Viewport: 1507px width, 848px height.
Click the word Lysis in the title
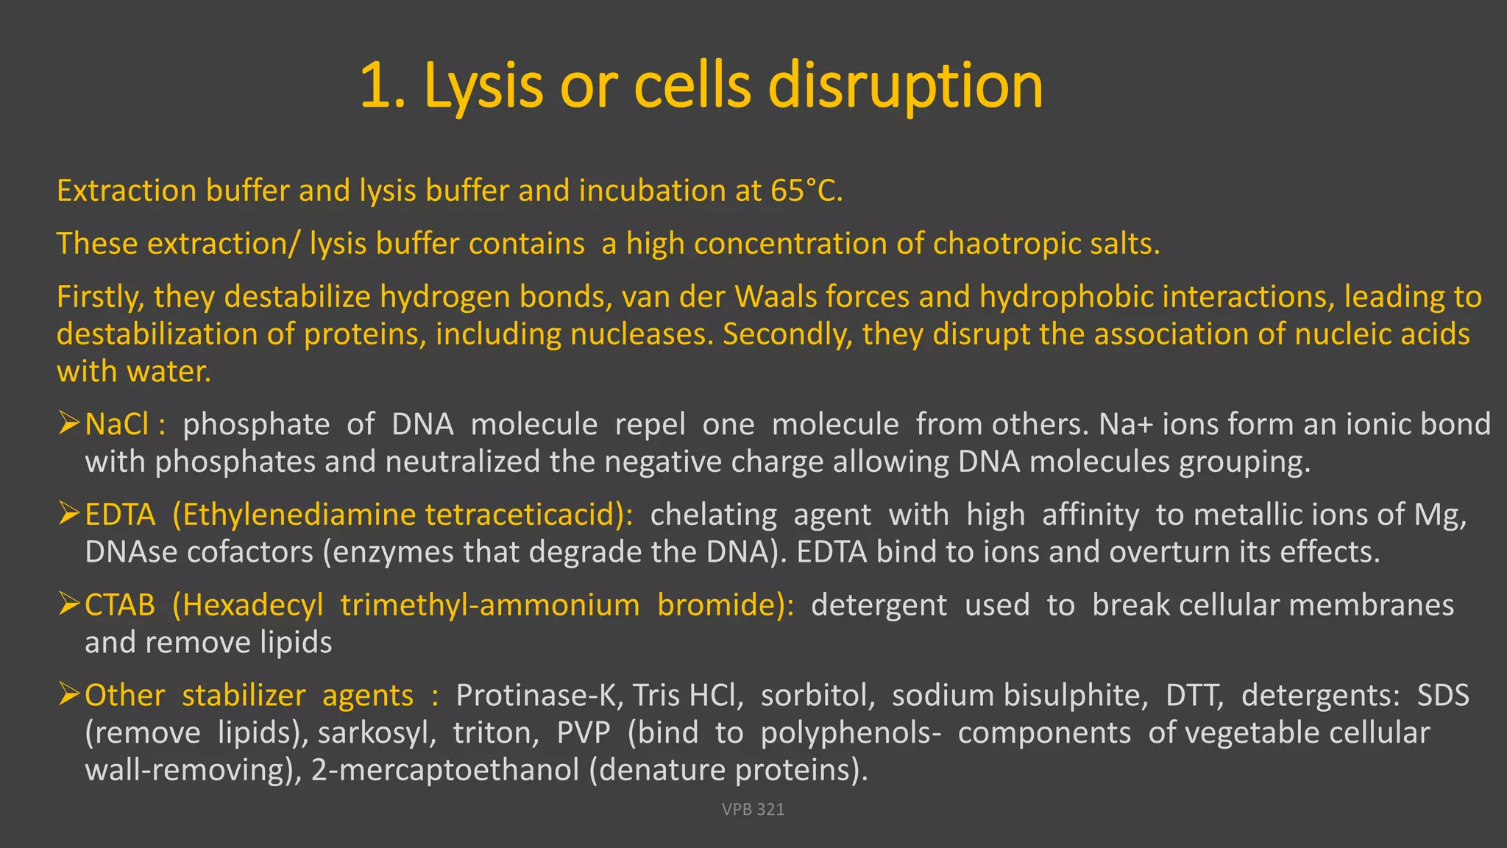[x=484, y=87]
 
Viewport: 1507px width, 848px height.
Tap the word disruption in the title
[x=905, y=87]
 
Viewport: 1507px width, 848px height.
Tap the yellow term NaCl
[x=117, y=425]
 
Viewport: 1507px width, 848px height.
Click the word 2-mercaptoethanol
[x=446, y=771]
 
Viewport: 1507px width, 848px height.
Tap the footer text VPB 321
[x=753, y=810]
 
